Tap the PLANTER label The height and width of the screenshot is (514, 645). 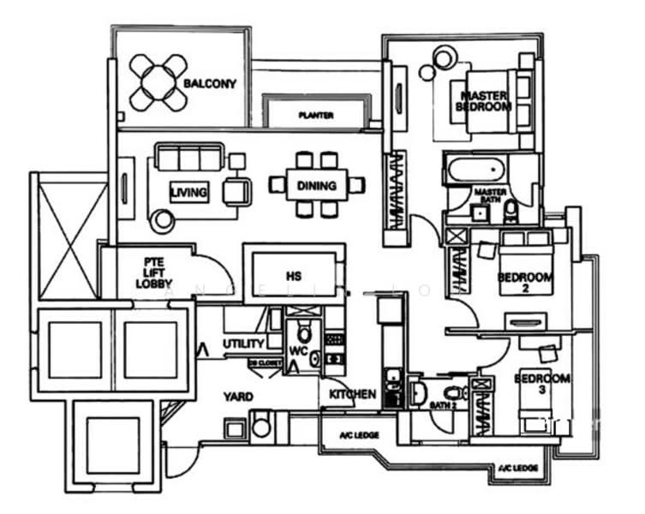[316, 115]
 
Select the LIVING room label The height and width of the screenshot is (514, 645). [188, 193]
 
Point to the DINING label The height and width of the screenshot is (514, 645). [317, 185]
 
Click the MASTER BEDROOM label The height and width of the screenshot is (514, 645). [485, 101]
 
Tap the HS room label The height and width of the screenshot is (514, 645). [294, 278]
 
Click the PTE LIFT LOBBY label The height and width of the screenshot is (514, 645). [158, 271]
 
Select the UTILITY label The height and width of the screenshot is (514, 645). [243, 344]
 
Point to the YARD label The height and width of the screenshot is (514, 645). [237, 397]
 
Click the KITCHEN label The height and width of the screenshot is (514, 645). [353, 394]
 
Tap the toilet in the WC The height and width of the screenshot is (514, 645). [302, 332]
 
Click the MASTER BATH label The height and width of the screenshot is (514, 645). [490, 196]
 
